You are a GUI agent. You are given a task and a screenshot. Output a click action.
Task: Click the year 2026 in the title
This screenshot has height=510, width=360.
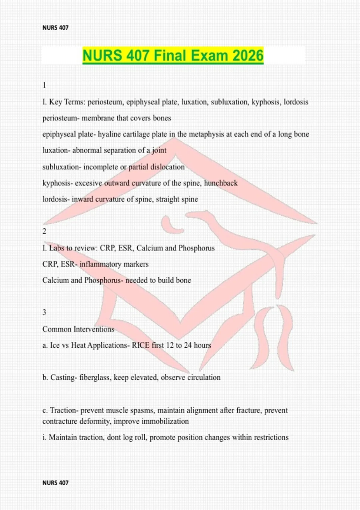pyautogui.click(x=248, y=55)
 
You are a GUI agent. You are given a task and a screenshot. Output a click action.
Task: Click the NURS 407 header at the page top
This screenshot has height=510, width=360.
pyautogui.click(x=55, y=28)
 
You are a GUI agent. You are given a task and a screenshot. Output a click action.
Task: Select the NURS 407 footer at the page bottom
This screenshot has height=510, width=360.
pyautogui.click(x=55, y=483)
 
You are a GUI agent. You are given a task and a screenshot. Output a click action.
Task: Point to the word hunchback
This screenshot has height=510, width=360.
pyautogui.click(x=221, y=183)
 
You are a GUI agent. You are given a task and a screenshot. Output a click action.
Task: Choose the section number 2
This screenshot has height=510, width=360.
pyautogui.click(x=44, y=231)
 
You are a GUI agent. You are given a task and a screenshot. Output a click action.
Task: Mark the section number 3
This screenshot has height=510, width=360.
pyautogui.click(x=44, y=313)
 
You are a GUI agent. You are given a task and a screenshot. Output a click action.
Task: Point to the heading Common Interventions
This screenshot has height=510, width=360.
pyautogui.click(x=78, y=329)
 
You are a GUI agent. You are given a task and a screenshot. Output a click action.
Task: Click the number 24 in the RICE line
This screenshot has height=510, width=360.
pyautogui.click(x=188, y=345)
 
